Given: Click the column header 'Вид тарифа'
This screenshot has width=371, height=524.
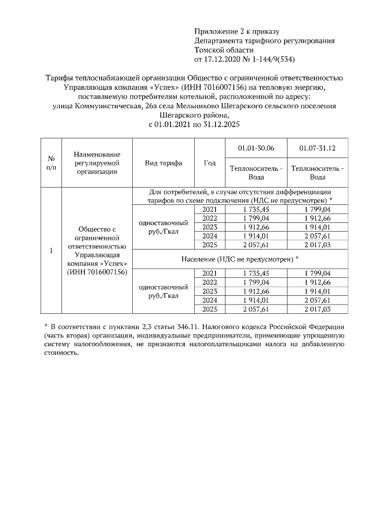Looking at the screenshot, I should (x=163, y=163).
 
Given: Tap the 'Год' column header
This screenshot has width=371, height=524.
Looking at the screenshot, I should (x=209, y=163).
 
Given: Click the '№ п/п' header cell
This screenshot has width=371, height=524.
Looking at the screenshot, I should (x=51, y=163).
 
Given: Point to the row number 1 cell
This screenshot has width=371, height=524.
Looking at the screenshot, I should (x=51, y=251).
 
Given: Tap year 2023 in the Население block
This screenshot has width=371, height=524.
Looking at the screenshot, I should (x=209, y=291).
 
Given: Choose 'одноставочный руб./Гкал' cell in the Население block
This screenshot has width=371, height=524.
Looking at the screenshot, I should (x=163, y=291).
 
